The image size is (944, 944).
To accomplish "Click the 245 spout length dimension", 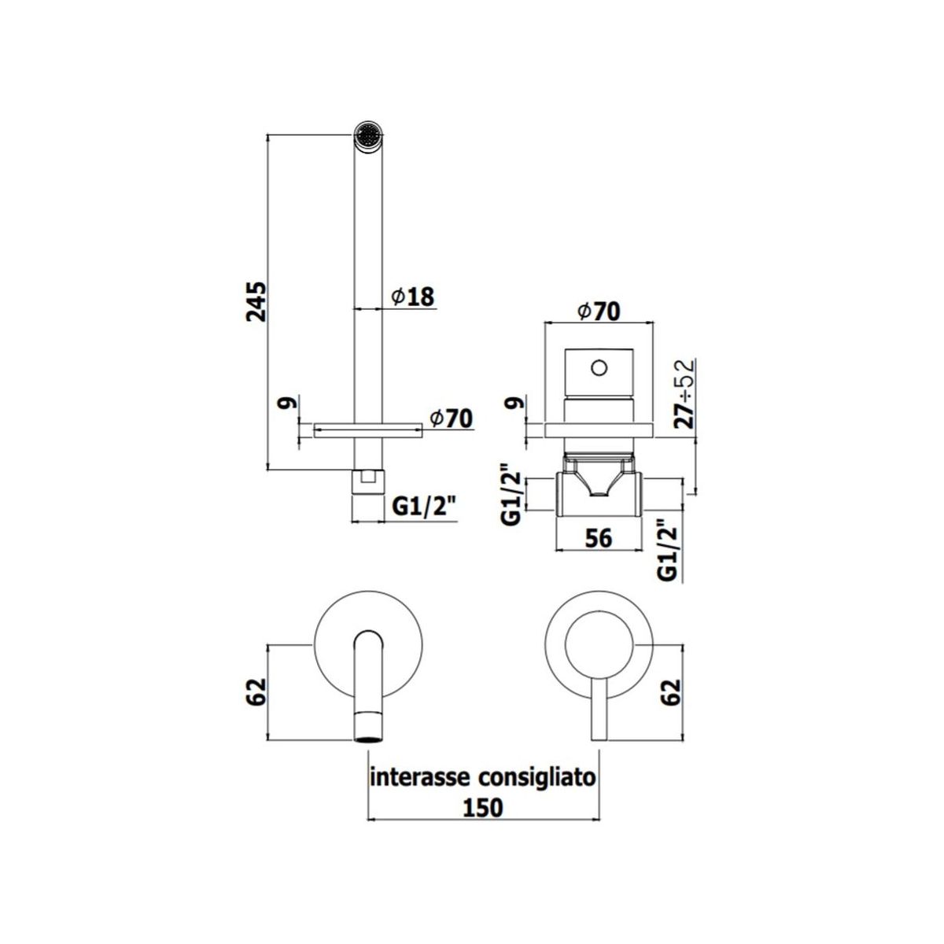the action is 256,301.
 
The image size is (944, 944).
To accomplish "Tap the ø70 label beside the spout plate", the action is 451,418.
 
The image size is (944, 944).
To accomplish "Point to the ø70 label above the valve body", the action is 598,311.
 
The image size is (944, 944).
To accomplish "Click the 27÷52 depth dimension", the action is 685,394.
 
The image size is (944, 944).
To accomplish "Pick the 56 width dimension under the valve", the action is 599,538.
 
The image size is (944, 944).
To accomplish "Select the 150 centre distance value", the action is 483,808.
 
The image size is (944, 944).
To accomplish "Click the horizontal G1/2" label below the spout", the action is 424,507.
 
